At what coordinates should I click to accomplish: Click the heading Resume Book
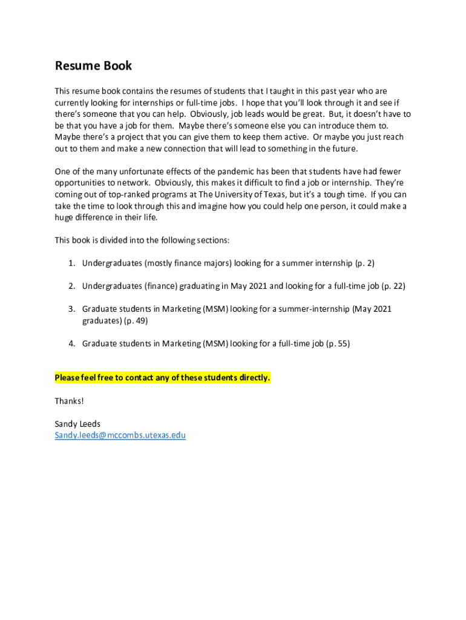93,66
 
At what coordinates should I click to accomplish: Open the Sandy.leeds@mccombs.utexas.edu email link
120,435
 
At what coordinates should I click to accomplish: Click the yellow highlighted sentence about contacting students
163,378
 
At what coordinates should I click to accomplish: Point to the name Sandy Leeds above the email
77,424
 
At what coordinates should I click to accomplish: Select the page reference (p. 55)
338,344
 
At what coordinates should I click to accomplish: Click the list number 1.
71,263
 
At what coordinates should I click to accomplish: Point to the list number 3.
71,309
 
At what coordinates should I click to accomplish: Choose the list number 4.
71,344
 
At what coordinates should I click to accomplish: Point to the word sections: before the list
212,240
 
